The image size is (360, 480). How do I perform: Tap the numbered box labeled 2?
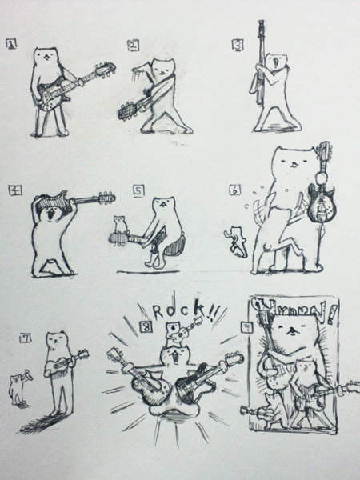coord(133,46)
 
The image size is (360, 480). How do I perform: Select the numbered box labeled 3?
coord(238,45)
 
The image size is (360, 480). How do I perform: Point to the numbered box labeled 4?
coord(13,190)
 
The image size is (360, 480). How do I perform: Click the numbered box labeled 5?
coord(138,190)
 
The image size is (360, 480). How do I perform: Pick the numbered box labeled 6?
coord(234,190)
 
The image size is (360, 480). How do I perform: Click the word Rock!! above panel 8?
coord(183,311)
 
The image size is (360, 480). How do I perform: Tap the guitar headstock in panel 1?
coord(104,70)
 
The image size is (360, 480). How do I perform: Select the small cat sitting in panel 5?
coord(120,223)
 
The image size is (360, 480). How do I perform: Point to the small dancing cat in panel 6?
coord(236,239)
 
